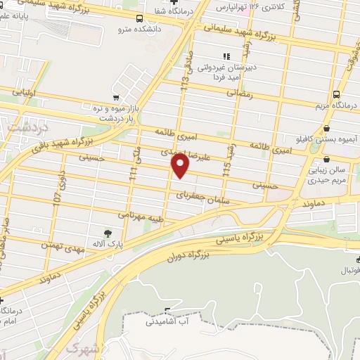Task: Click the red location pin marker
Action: pos(181,166)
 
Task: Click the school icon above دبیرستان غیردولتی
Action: pos(226,56)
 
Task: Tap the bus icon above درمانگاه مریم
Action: pos(337,94)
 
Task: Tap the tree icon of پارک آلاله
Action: pos(107,233)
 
